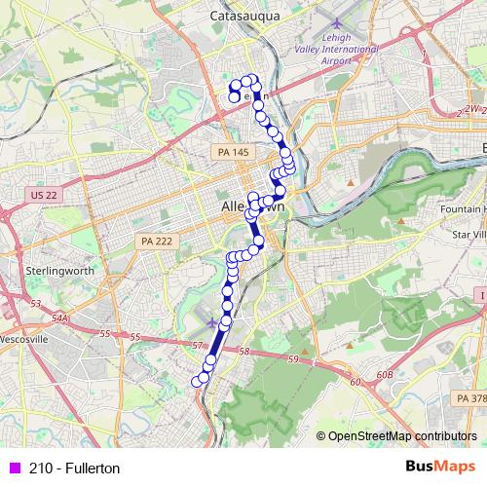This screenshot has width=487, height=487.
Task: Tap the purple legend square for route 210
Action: (14, 468)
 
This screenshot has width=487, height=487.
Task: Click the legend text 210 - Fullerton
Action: (74, 468)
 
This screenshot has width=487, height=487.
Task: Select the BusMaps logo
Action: (440, 468)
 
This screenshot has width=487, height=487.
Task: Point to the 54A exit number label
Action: (61, 318)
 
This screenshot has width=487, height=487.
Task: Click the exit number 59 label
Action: (292, 360)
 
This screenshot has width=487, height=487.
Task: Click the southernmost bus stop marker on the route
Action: (198, 381)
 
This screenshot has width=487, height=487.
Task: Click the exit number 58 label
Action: (244, 351)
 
